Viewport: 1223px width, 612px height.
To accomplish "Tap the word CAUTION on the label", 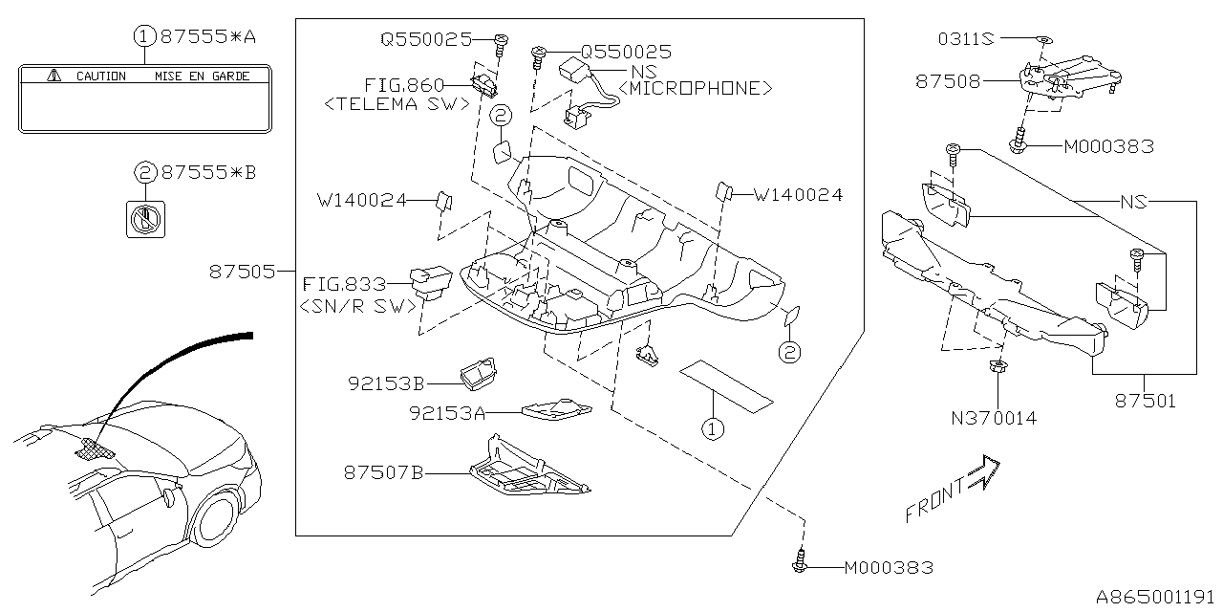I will tap(100, 76).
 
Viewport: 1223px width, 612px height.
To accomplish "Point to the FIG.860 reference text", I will tap(404, 86).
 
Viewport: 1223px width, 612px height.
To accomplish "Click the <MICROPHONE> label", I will tap(696, 88).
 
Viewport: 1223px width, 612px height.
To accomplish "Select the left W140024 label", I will tap(361, 200).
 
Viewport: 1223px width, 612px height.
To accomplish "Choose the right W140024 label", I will tap(798, 195).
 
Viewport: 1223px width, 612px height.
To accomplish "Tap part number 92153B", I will tap(386, 382).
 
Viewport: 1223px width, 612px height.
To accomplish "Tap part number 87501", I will tap(1145, 401).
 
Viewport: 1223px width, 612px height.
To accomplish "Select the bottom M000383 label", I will tap(889, 568).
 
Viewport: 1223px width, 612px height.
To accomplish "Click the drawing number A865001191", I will tap(1156, 597).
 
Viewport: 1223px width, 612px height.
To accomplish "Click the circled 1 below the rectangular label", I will tap(711, 429).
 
